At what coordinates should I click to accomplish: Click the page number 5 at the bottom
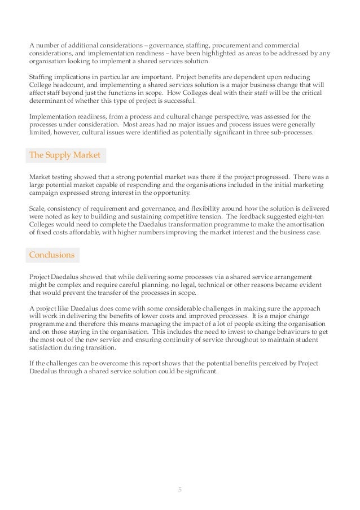pos(180,489)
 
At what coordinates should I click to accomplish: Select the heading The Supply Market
pos(65,155)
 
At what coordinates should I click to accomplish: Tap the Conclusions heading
pos(52,255)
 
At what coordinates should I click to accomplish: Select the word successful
pos(179,101)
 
